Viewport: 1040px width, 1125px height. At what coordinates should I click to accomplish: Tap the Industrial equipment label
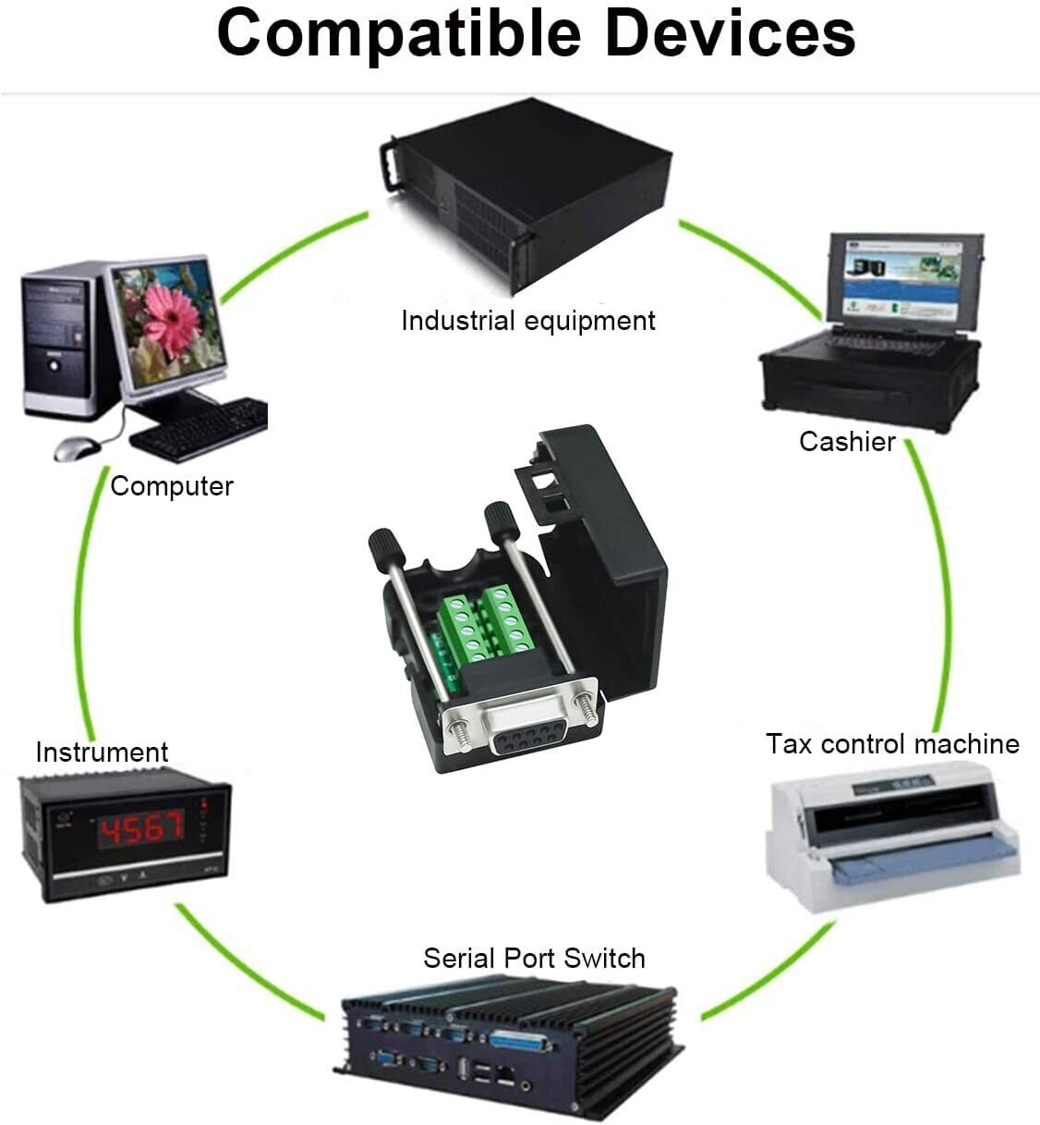(x=527, y=321)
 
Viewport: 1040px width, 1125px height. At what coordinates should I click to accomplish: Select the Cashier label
(x=847, y=442)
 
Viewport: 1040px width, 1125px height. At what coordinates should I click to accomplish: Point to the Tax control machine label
(x=892, y=744)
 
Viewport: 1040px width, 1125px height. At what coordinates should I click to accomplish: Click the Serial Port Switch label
(x=534, y=958)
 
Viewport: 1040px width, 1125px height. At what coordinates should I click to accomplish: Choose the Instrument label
(x=102, y=752)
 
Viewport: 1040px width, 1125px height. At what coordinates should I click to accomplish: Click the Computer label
(x=172, y=486)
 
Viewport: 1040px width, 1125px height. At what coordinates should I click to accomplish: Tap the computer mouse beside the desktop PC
(x=76, y=449)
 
